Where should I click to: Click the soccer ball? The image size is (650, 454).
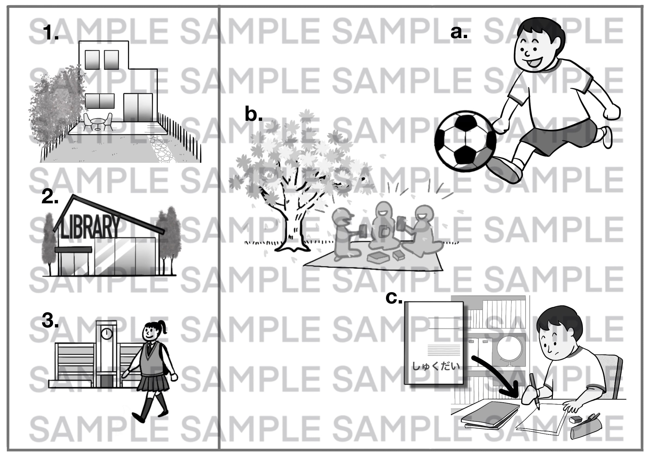465,141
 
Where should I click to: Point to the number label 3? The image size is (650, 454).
50,321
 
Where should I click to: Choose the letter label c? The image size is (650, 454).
394,298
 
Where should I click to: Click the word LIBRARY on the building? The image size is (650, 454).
90,226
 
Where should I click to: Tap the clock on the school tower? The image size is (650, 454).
106,334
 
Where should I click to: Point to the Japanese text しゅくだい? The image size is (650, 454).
436,366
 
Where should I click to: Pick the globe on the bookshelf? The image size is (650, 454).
509,351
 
